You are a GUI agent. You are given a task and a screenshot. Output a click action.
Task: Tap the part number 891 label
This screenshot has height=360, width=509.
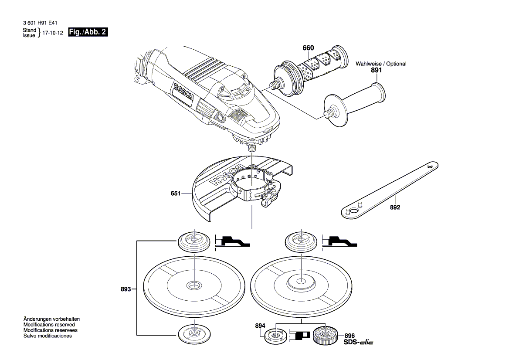[376, 70]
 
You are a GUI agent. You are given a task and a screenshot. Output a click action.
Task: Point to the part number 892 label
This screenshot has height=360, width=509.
[395, 207]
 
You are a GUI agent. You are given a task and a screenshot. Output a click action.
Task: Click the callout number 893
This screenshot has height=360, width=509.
[126, 289]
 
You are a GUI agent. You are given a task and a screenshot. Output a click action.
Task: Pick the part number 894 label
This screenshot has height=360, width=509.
[260, 326]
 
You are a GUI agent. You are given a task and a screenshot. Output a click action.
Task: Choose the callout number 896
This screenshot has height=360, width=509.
[350, 336]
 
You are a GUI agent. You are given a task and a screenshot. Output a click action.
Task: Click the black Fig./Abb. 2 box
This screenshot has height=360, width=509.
[88, 32]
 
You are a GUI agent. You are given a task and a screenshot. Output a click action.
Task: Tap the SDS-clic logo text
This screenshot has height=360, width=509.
[358, 343]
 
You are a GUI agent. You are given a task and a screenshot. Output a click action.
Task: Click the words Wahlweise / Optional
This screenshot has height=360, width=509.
[381, 64]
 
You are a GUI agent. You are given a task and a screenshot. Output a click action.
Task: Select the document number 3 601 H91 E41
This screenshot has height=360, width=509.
[43, 22]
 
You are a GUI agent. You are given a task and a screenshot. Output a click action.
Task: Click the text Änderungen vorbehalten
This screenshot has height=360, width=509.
[51, 319]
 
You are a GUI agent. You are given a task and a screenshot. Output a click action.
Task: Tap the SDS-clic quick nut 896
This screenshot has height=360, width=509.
[324, 336]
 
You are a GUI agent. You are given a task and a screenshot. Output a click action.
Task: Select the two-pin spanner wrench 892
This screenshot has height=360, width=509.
[388, 188]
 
